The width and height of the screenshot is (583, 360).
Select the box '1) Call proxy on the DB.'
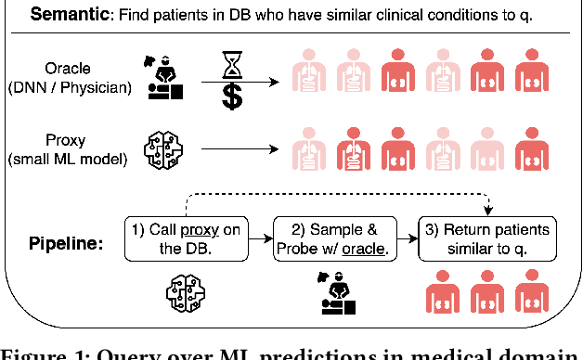coord(185,238)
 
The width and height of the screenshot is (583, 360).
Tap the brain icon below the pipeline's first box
coord(183,293)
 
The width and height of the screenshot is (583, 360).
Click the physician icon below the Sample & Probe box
coord(335,293)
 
